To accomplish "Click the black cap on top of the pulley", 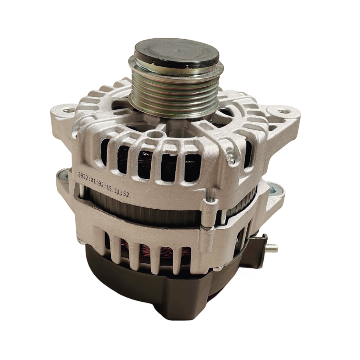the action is (x=176, y=52).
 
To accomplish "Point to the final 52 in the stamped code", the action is (x=126, y=194).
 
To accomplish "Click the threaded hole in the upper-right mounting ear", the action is (x=283, y=112).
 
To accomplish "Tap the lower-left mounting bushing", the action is (x=62, y=176).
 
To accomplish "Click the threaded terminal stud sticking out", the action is (x=273, y=248).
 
